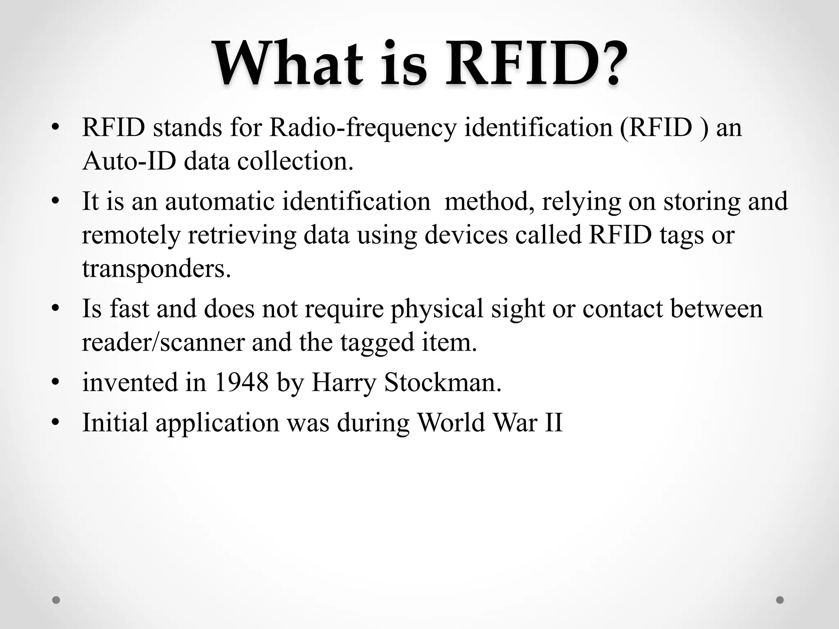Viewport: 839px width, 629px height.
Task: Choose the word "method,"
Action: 489,201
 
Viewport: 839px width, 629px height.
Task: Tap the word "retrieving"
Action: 242,235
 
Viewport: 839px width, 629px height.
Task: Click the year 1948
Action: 241,382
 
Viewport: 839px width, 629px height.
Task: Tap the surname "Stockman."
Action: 442,382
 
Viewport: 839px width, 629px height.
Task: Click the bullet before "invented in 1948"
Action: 56,382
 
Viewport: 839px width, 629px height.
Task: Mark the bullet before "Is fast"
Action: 56,309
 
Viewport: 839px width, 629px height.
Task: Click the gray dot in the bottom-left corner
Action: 56,600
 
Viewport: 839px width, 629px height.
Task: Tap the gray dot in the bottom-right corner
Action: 780,600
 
